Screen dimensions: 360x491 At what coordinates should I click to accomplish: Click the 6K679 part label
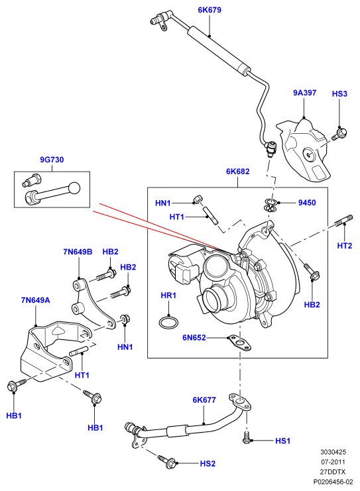coord(210,10)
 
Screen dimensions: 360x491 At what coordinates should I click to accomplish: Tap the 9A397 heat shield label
coord(304,93)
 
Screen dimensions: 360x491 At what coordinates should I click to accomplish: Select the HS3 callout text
coord(339,93)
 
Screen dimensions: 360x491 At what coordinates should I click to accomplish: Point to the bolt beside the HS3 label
coord(339,134)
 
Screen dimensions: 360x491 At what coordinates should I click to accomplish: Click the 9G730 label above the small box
coord(52,160)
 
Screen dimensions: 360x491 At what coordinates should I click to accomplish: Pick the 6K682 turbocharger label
coord(238,172)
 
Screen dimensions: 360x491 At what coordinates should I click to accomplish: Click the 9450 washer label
coord(307,203)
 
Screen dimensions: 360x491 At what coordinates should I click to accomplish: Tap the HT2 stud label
coord(345,246)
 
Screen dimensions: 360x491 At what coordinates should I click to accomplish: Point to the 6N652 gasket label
coord(194,337)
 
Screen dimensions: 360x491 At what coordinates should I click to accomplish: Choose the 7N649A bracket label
coord(35,300)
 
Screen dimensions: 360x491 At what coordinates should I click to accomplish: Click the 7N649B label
coord(78,252)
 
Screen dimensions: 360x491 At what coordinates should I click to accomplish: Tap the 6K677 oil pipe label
coord(204,400)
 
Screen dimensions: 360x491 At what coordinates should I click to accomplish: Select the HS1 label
coord(283,441)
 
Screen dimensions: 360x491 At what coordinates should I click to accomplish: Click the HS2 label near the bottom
coord(208,463)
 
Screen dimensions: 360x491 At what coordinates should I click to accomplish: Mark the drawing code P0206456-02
coord(333,482)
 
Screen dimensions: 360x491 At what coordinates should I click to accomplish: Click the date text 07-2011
coord(333,462)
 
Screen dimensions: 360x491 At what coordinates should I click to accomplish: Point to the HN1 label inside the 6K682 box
coord(163,203)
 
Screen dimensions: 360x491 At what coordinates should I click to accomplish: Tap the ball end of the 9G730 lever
coord(74,188)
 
